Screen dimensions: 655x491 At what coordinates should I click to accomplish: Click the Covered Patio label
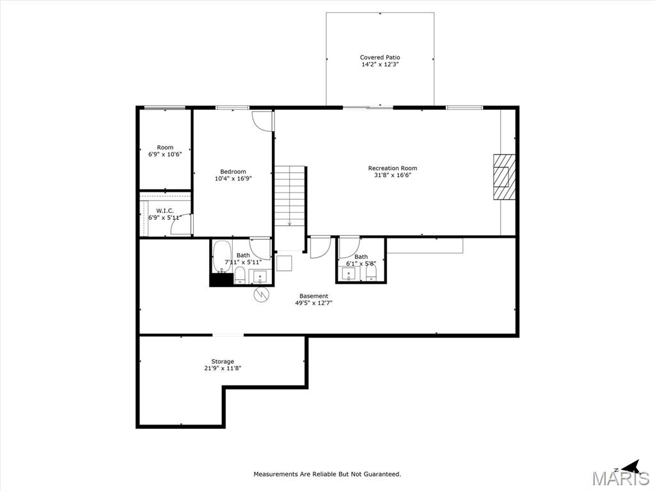point(380,57)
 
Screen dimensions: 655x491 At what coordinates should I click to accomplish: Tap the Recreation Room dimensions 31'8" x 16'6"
point(393,175)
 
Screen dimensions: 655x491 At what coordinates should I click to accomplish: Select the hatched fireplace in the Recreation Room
point(504,176)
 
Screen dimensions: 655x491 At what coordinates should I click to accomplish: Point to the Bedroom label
point(233,171)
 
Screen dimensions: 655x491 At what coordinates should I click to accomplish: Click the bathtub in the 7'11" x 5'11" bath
point(222,256)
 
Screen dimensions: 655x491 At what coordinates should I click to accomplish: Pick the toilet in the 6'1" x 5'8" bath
point(371,274)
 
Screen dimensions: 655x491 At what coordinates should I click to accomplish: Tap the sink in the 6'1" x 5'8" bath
point(349,274)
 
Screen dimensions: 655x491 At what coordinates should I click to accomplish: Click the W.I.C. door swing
point(182,224)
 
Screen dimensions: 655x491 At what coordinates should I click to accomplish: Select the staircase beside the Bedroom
point(290,196)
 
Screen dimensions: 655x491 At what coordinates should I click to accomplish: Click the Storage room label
point(223,362)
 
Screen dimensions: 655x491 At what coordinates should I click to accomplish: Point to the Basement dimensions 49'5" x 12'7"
point(313,303)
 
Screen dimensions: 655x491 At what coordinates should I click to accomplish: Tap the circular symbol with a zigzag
point(262,294)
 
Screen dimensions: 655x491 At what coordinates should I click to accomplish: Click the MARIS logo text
point(620,478)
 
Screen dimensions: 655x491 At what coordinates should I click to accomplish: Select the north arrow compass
point(629,467)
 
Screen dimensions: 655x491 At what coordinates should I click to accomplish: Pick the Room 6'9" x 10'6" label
point(165,151)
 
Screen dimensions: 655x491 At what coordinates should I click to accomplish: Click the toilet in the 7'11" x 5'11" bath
point(240,276)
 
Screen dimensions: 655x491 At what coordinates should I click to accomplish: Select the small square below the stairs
point(285,263)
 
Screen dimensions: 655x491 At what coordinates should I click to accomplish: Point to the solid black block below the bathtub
point(221,280)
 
